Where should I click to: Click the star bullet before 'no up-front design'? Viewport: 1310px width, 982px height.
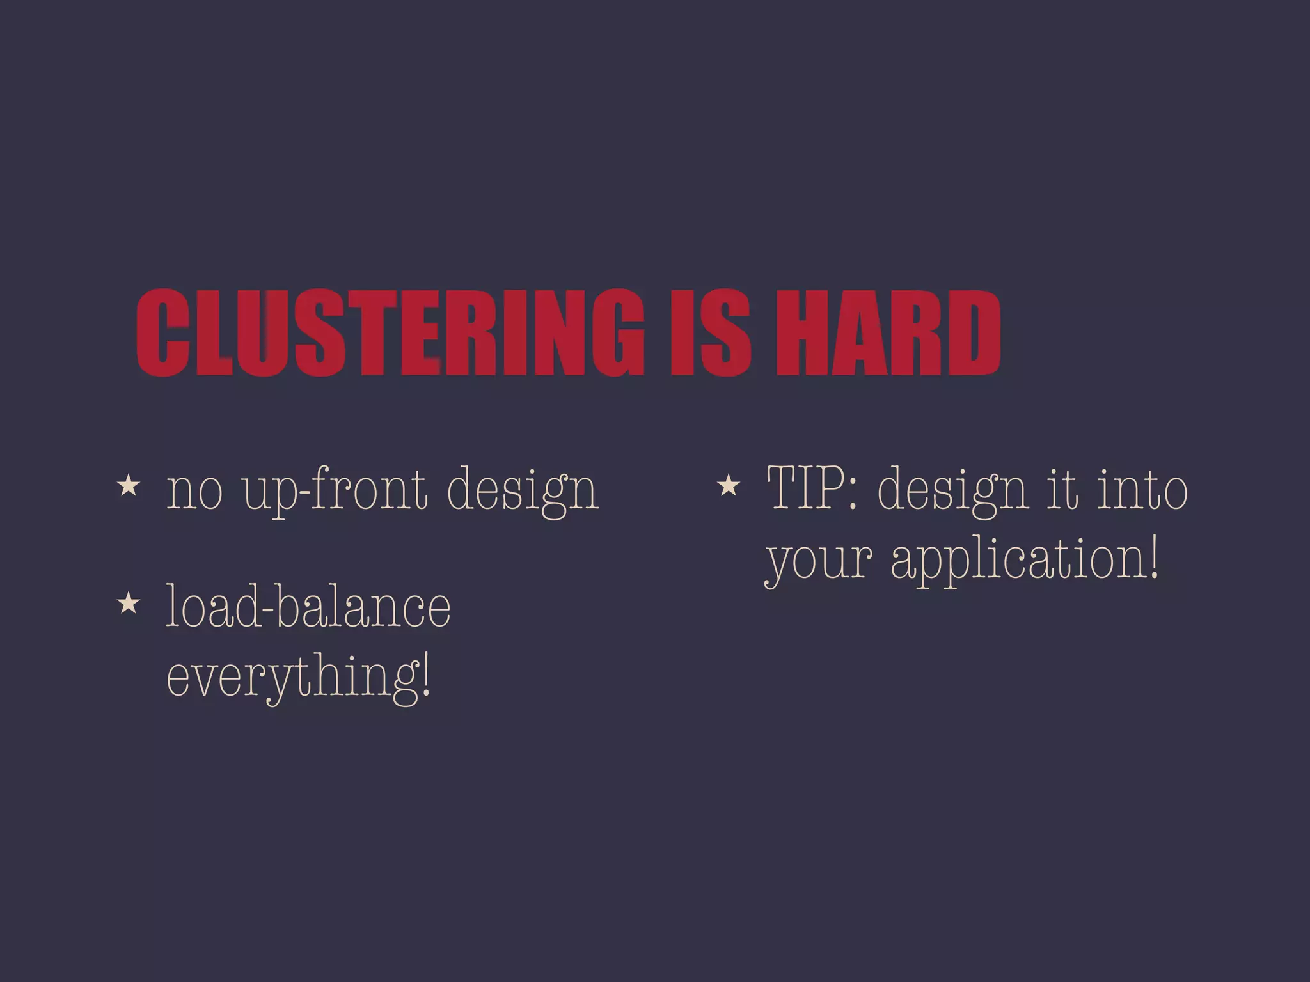pos(129,486)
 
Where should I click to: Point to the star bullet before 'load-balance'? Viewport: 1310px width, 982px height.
pos(129,603)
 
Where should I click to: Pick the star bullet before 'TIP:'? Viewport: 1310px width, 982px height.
pos(729,486)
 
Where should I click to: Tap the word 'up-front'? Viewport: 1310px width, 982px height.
pos(335,491)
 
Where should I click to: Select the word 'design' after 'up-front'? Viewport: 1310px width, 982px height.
pos(522,491)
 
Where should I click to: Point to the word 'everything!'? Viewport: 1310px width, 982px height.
pos(298,678)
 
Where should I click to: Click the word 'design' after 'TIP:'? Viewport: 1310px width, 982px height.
pos(952,491)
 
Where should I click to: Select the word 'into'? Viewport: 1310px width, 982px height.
pos(1142,489)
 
